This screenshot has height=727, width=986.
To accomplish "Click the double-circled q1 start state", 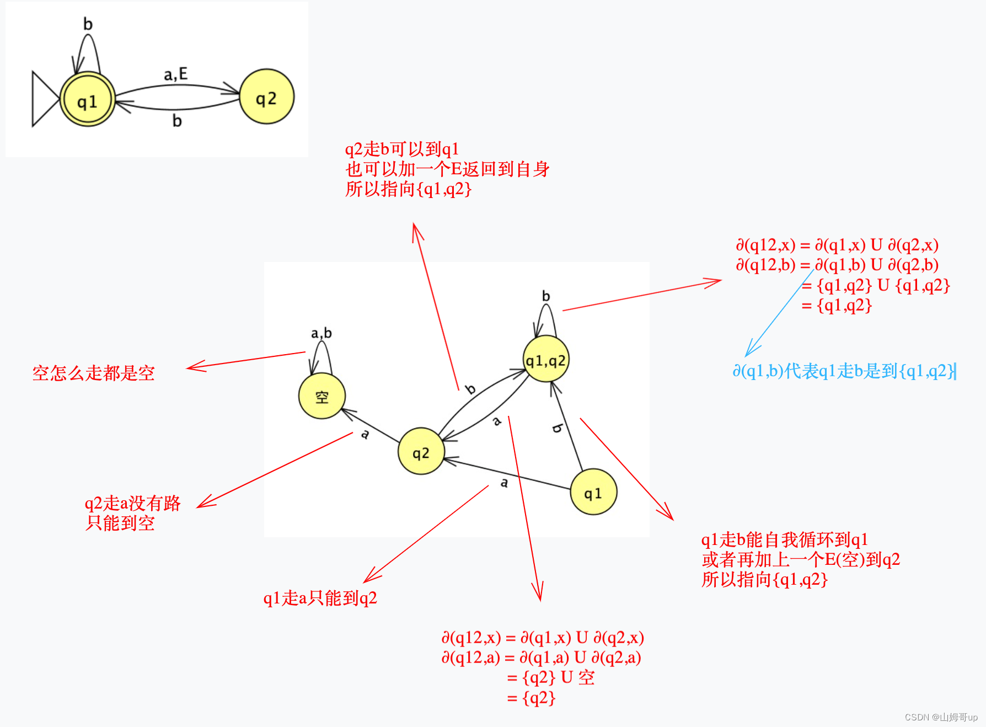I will click(x=87, y=100).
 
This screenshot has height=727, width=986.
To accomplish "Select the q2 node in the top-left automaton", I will click(x=266, y=97).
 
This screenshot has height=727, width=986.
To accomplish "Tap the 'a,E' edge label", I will click(x=175, y=74).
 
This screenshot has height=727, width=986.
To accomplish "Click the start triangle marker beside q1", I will click(x=44, y=99).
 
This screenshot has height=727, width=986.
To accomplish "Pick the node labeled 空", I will click(x=322, y=396).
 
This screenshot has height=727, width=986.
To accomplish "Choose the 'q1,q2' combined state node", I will click(x=545, y=360).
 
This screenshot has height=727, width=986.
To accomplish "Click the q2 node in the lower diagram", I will click(x=421, y=452).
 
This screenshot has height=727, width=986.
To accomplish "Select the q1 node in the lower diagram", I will click(x=593, y=493).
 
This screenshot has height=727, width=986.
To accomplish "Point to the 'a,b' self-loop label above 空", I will click(x=321, y=333).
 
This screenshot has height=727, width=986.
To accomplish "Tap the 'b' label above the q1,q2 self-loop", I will click(x=545, y=296).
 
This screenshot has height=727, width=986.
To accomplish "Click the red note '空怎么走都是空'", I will click(x=93, y=373).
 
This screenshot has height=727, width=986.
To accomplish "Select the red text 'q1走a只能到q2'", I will click(x=320, y=598).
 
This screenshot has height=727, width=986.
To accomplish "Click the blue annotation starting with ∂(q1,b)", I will click(x=844, y=371).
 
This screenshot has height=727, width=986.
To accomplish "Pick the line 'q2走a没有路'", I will click(x=132, y=503).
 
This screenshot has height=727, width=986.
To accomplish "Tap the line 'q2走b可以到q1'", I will click(x=401, y=149).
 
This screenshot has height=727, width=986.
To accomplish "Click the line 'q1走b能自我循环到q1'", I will click(x=784, y=539).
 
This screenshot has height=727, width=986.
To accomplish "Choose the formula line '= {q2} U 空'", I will click(x=550, y=677).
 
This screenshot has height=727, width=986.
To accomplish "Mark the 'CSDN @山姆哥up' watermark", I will click(x=941, y=717).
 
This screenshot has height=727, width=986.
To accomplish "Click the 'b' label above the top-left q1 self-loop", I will click(x=88, y=24).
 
